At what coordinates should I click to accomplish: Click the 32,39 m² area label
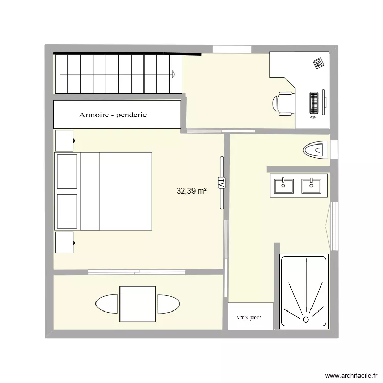pyautogui.click(x=192, y=192)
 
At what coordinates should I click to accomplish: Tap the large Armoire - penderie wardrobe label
pyautogui.click(x=113, y=115)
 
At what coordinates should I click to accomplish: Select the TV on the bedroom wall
pyautogui.click(x=222, y=182)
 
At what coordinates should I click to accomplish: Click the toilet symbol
pyautogui.click(x=315, y=150)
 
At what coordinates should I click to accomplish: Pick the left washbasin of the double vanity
pyautogui.click(x=282, y=184)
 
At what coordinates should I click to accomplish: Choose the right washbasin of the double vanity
pyautogui.click(x=309, y=184)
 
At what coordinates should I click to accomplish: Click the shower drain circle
pyautogui.click(x=306, y=320)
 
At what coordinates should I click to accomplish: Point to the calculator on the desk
pyautogui.click(x=319, y=63)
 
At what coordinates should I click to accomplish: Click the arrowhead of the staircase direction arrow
pyautogui.click(x=174, y=75)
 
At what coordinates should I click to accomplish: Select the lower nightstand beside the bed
pyautogui.click(x=64, y=243)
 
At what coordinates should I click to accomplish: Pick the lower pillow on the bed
pyautogui.click(x=67, y=211)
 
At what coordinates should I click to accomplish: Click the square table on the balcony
pyautogui.click(x=137, y=304)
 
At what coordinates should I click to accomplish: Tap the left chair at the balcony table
pyautogui.click(x=107, y=304)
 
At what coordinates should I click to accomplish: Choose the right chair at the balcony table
pyautogui.click(x=169, y=304)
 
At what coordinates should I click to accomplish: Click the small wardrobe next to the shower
pyautogui.click(x=250, y=317)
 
